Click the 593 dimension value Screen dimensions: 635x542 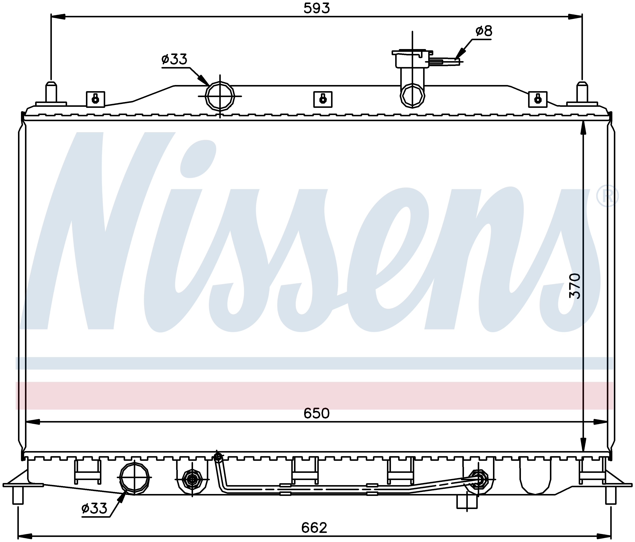[317, 8]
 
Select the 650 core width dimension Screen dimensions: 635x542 [317, 414]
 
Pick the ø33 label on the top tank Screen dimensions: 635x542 [174, 59]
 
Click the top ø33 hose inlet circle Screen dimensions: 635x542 [220, 96]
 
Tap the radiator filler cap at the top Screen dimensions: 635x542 [412, 59]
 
